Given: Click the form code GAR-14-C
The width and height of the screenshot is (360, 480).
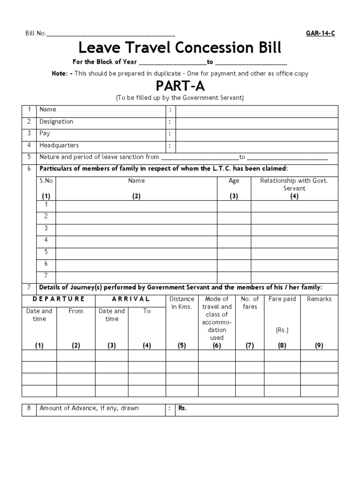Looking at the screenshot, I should pyautogui.click(x=320, y=33).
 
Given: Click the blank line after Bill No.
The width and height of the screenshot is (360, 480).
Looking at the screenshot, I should pyautogui.click(x=111, y=34).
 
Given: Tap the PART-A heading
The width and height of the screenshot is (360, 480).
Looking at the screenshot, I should pyautogui.click(x=180, y=87).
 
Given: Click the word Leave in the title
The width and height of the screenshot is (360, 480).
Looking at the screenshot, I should pyautogui.click(x=96, y=47).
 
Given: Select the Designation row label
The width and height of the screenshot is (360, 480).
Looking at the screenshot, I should pyautogui.click(x=56, y=122).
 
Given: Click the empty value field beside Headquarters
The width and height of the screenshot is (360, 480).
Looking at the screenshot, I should pyautogui.click(x=256, y=146).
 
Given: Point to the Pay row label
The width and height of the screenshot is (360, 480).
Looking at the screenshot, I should pyautogui.click(x=45, y=134).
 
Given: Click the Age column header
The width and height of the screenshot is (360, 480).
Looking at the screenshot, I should pyautogui.click(x=234, y=181).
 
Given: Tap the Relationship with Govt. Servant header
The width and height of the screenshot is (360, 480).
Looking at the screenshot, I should pyautogui.click(x=294, y=184).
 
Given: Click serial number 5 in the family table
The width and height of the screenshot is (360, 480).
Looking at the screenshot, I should pyautogui.click(x=46, y=252).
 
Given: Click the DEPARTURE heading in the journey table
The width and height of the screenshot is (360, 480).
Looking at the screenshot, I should pyautogui.click(x=59, y=299).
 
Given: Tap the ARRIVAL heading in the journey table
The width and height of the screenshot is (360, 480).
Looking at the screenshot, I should pyautogui.click(x=131, y=299).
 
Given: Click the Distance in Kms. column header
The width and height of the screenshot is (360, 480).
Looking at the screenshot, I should pyautogui.click(x=182, y=303).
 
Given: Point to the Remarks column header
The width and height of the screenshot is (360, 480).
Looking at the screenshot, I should pyautogui.click(x=319, y=299).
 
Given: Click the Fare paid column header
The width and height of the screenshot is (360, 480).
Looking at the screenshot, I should pyautogui.click(x=282, y=299).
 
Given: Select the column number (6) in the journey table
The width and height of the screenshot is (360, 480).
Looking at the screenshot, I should pyautogui.click(x=217, y=346).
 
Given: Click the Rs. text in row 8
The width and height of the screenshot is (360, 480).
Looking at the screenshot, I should pyautogui.click(x=182, y=408).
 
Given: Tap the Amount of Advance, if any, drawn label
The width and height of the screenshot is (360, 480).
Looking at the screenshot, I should pyautogui.click(x=89, y=408).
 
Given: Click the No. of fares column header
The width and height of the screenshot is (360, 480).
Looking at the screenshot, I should pyautogui.click(x=250, y=303).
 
